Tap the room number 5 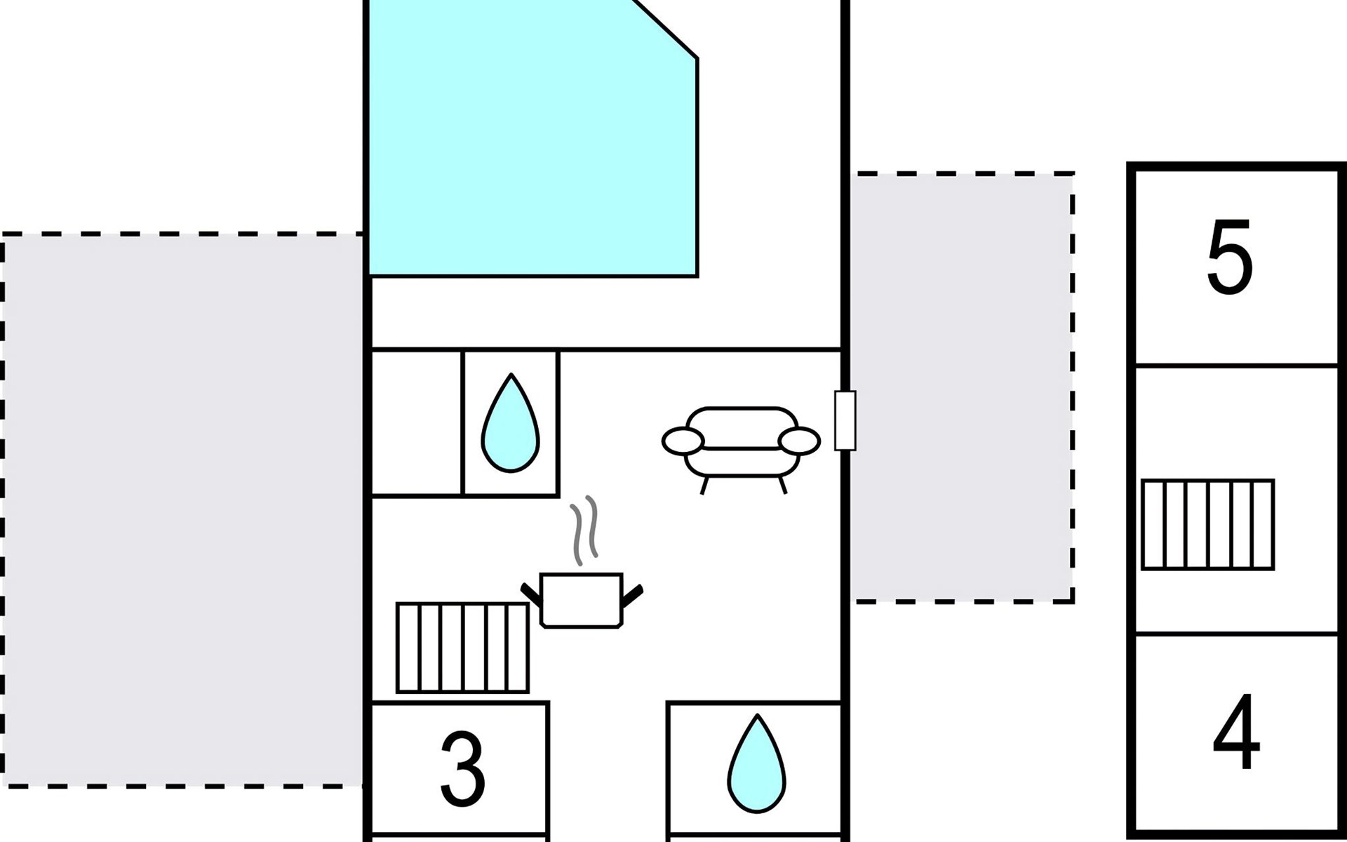coord(1229,258)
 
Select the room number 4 coord(1236,731)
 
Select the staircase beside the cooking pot coord(462,648)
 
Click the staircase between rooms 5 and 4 coord(1207,524)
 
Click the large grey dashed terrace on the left coord(182,509)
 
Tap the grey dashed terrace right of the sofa coord(961,386)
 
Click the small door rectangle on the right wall coord(845,420)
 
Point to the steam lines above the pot coord(584,530)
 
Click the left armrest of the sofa coord(682,441)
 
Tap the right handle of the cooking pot coord(632,595)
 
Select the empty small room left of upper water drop coord(416,422)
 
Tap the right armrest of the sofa coord(799,441)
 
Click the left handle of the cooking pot coord(531,594)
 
